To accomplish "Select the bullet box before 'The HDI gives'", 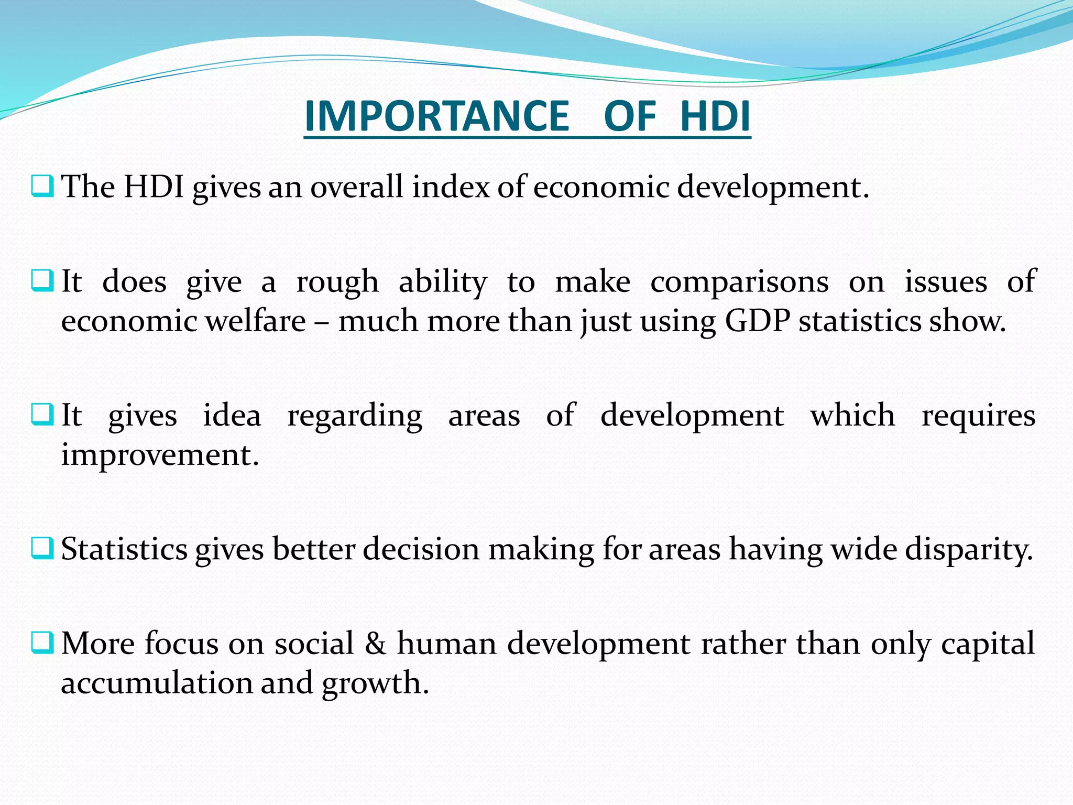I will tap(42, 186).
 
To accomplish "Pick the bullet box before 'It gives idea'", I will tap(42, 414).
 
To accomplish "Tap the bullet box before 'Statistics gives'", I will tap(42, 548).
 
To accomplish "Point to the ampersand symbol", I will tap(375, 643).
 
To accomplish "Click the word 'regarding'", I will tap(355, 417).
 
